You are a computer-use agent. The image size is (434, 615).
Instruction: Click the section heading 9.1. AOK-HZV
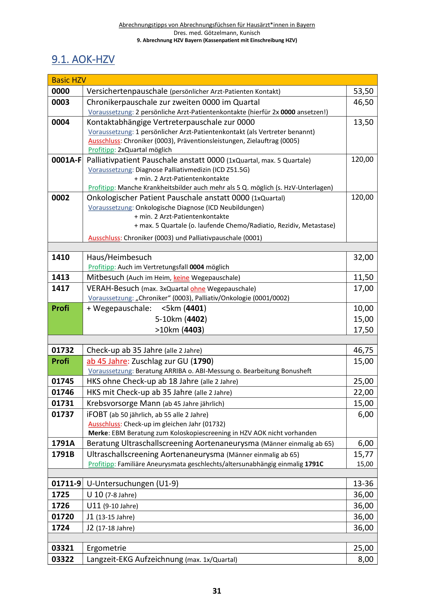(x=83, y=59)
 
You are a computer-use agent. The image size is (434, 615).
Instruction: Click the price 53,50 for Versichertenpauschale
(x=363, y=91)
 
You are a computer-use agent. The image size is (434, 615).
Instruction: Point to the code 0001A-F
(x=66, y=160)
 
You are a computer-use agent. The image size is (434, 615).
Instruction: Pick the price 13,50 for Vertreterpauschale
(x=363, y=122)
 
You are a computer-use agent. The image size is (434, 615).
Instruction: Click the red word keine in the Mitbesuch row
(x=181, y=278)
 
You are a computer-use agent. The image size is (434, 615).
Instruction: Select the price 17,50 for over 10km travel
(x=363, y=330)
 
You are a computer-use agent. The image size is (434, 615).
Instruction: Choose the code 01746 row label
(x=63, y=392)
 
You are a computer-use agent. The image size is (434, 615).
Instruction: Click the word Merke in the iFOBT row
(x=98, y=433)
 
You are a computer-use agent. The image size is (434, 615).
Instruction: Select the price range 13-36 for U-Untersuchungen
(x=363, y=484)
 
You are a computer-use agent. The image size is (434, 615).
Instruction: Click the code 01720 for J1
(x=63, y=517)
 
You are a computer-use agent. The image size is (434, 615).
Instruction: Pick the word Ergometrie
(x=106, y=548)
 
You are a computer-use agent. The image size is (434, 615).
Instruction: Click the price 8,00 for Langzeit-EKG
(x=366, y=559)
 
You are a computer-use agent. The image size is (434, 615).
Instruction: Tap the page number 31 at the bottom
(x=217, y=591)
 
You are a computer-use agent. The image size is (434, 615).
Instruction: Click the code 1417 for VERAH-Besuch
(x=60, y=288)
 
